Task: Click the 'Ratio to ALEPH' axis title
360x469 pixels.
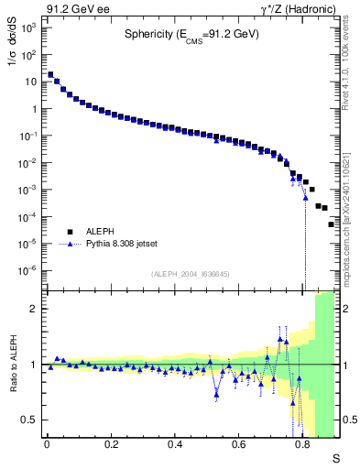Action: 11,365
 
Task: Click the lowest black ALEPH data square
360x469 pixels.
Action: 332,224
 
